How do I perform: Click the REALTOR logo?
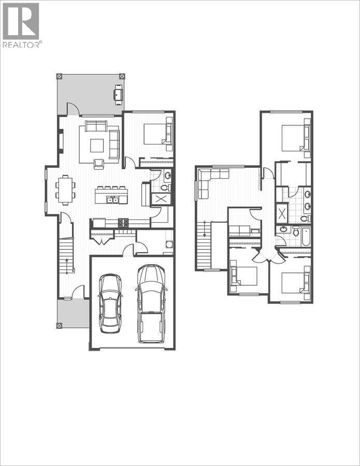pyautogui.click(x=21, y=25)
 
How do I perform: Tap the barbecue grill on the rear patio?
pyautogui.click(x=119, y=94)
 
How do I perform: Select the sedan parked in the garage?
pyautogui.click(x=110, y=303)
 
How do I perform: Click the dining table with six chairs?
pyautogui.click(x=65, y=190)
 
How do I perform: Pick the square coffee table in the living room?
pyautogui.click(x=97, y=145)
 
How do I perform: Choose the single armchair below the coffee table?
pyautogui.click(x=98, y=164)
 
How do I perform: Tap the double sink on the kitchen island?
pyautogui.click(x=112, y=199)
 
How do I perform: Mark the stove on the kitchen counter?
pyautogui.click(x=124, y=223)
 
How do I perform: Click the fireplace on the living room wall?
pyautogui.click(x=61, y=141)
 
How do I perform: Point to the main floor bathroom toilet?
pyautogui.click(x=166, y=187)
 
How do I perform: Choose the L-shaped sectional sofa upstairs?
pyautogui.click(x=207, y=179)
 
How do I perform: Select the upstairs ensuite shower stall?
pyautogui.click(x=282, y=213)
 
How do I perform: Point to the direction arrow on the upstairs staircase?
pyautogui.click(x=205, y=228)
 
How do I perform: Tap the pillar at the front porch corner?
pyautogui.click(x=59, y=326)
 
